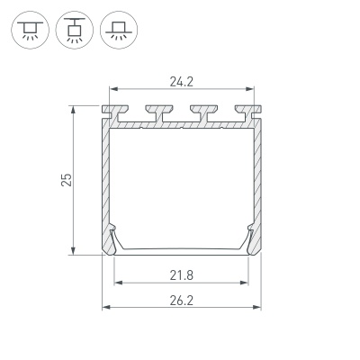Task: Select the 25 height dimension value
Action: point(66,180)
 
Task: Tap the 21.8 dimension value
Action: point(180,274)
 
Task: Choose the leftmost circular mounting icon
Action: point(30,31)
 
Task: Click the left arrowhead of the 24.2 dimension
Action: point(112,90)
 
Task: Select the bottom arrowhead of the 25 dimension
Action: point(73,253)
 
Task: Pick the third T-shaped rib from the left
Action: point(202,112)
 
